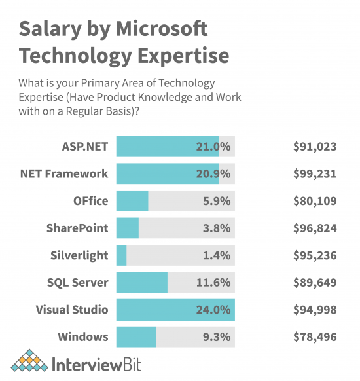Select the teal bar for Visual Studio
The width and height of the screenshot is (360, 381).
(175, 310)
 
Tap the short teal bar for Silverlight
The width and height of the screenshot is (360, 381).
(122, 255)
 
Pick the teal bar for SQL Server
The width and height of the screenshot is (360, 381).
(142, 283)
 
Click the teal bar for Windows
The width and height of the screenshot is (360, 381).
(136, 337)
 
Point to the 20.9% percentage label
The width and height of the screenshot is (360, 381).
(213, 174)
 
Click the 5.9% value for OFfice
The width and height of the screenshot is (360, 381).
(217, 201)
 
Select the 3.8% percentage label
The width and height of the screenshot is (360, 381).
(217, 228)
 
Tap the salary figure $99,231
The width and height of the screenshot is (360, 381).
(315, 174)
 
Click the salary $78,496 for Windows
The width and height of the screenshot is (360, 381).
(315, 337)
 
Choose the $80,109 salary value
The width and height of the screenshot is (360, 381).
(315, 201)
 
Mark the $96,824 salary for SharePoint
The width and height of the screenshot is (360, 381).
(315, 228)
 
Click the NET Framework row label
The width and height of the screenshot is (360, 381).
(64, 174)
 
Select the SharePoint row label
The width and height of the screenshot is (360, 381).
(77, 228)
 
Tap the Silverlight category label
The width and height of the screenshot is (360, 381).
(79, 255)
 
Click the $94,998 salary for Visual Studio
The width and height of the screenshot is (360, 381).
(315, 310)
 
